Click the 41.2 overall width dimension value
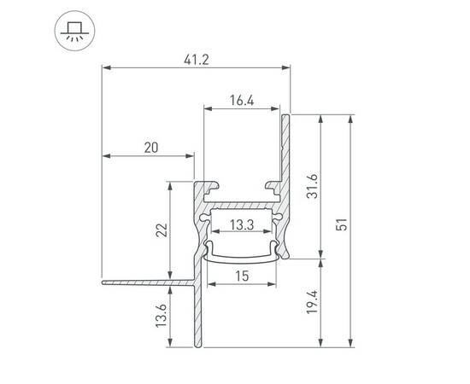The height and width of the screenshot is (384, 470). point(197,59)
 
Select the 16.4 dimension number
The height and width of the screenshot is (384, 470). point(242,100)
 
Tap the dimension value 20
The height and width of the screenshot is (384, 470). point(151,148)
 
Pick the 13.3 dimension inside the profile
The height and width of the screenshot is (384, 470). point(242,226)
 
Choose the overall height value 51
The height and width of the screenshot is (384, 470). point(341,226)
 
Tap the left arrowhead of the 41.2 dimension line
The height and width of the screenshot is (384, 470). point(105,67)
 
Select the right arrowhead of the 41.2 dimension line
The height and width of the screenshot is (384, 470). point(288,67)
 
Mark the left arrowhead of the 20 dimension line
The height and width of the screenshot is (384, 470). point(105,156)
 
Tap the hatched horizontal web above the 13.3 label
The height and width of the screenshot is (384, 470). point(242,206)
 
